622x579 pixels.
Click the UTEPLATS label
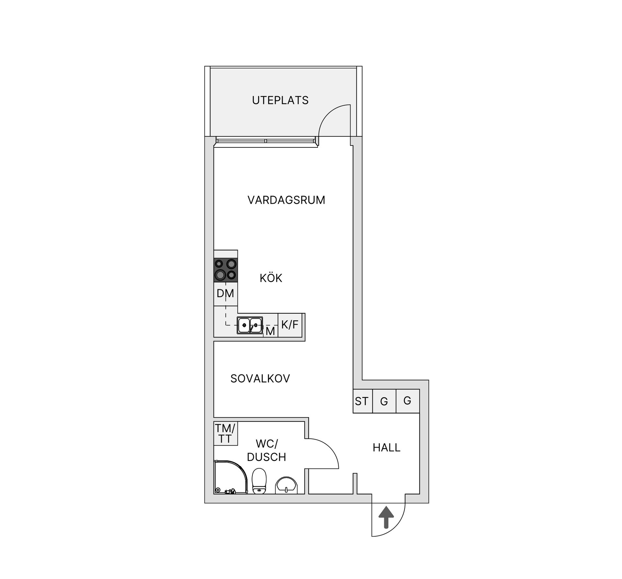280,100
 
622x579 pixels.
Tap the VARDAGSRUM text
286,200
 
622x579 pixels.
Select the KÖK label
271,278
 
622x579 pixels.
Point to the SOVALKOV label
260,378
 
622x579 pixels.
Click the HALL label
386,448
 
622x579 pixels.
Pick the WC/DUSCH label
267,450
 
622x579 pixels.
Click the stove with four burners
226,270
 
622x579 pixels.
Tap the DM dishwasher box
226,294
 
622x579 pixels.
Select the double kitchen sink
250,325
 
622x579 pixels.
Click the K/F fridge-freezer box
290,325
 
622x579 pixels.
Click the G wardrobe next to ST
384,401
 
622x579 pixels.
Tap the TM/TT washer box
226,434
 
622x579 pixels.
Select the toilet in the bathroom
259,481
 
